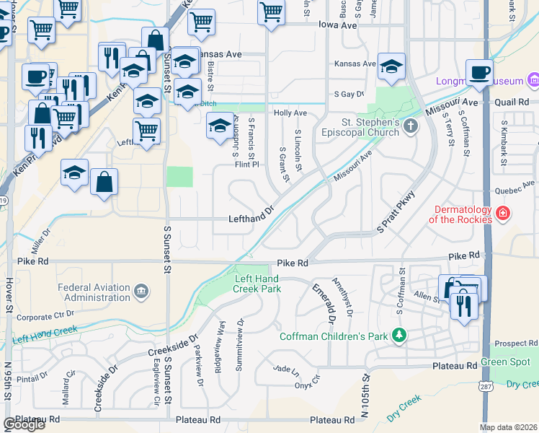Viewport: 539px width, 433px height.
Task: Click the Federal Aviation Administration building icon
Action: pos(141,291)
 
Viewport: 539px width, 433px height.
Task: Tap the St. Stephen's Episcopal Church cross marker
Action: pos(411,127)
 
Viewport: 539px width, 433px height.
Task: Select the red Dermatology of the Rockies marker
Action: pos(502,214)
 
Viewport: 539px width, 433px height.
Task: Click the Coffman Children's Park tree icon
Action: pos(397,336)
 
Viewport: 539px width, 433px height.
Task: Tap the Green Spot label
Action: pos(507,362)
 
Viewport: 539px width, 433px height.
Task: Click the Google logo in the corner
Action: pos(24,424)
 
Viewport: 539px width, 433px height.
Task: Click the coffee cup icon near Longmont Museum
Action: pos(479,73)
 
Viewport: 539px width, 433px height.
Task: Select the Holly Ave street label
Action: pos(290,113)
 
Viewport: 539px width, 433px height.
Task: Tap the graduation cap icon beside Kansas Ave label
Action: pos(391,67)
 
